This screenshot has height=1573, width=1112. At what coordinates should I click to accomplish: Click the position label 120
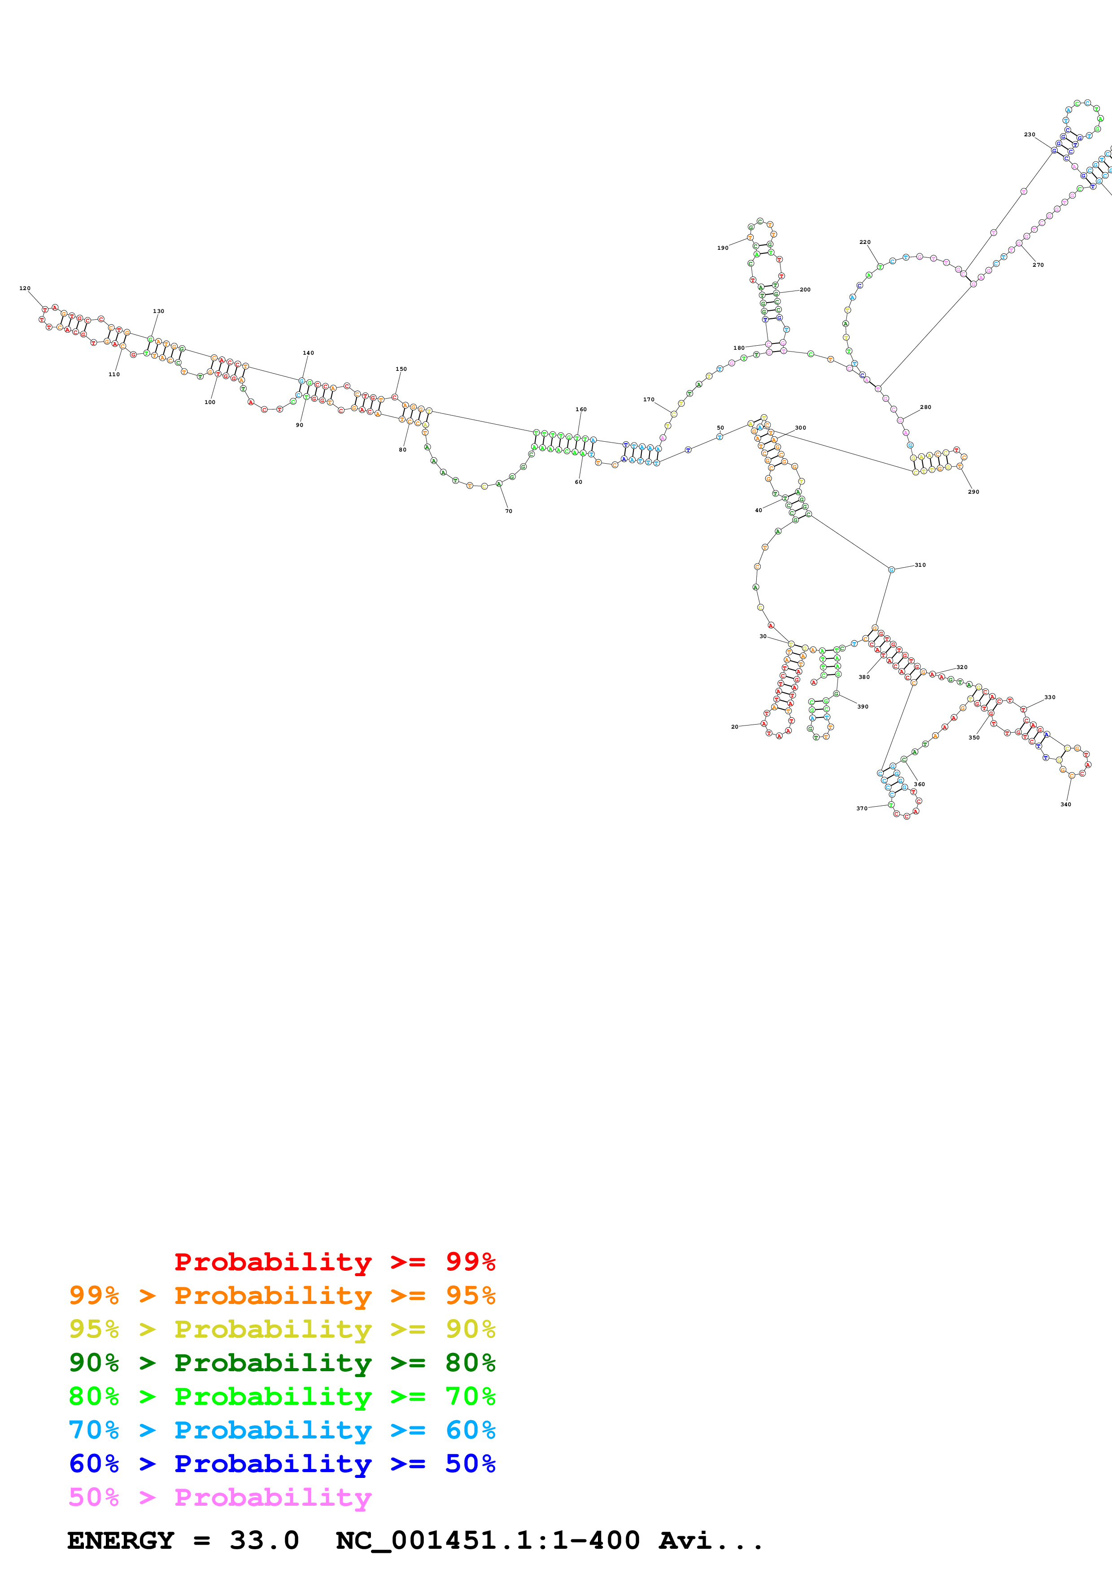point(25,288)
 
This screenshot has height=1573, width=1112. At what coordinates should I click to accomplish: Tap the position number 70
point(508,511)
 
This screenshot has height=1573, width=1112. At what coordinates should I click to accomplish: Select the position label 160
point(581,410)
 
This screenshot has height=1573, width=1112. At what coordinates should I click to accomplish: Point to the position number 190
point(723,248)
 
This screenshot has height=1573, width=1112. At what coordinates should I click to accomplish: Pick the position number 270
point(1038,265)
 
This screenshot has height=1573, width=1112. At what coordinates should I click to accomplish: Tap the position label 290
point(973,492)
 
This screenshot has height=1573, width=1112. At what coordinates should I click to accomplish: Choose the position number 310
point(920,565)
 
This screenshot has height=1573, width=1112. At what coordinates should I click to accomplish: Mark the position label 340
point(1065,804)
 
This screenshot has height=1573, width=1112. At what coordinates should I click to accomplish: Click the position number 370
point(861,808)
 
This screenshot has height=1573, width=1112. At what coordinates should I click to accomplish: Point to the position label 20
point(734,727)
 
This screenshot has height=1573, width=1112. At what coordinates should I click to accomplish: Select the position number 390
point(863,706)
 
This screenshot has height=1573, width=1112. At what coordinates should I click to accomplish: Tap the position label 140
point(308,353)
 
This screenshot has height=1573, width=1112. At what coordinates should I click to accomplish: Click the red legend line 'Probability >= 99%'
point(334,1262)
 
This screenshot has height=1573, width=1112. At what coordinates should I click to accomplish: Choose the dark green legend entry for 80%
point(282,1363)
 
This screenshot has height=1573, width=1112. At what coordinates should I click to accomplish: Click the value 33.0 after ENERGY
point(265,1541)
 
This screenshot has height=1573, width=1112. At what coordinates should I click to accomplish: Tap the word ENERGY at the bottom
point(121,1541)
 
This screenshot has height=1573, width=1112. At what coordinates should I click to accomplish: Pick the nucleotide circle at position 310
point(891,570)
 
